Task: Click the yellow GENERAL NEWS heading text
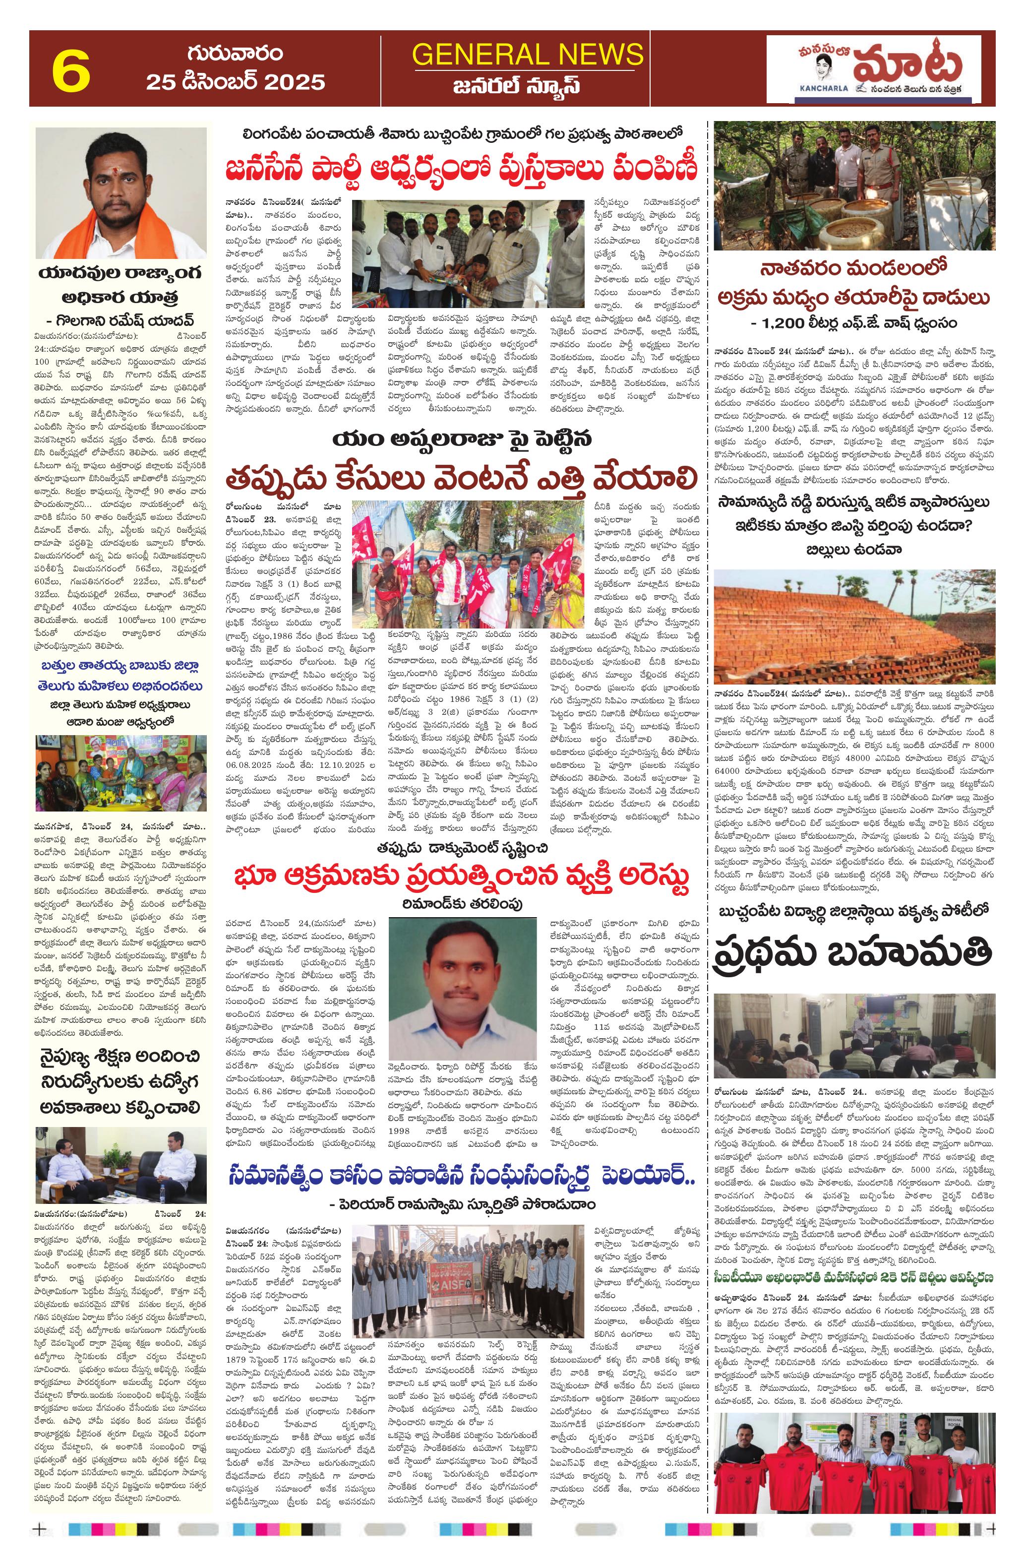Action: (x=527, y=54)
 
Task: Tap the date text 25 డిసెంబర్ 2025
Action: (x=236, y=82)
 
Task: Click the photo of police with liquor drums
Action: (x=854, y=186)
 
